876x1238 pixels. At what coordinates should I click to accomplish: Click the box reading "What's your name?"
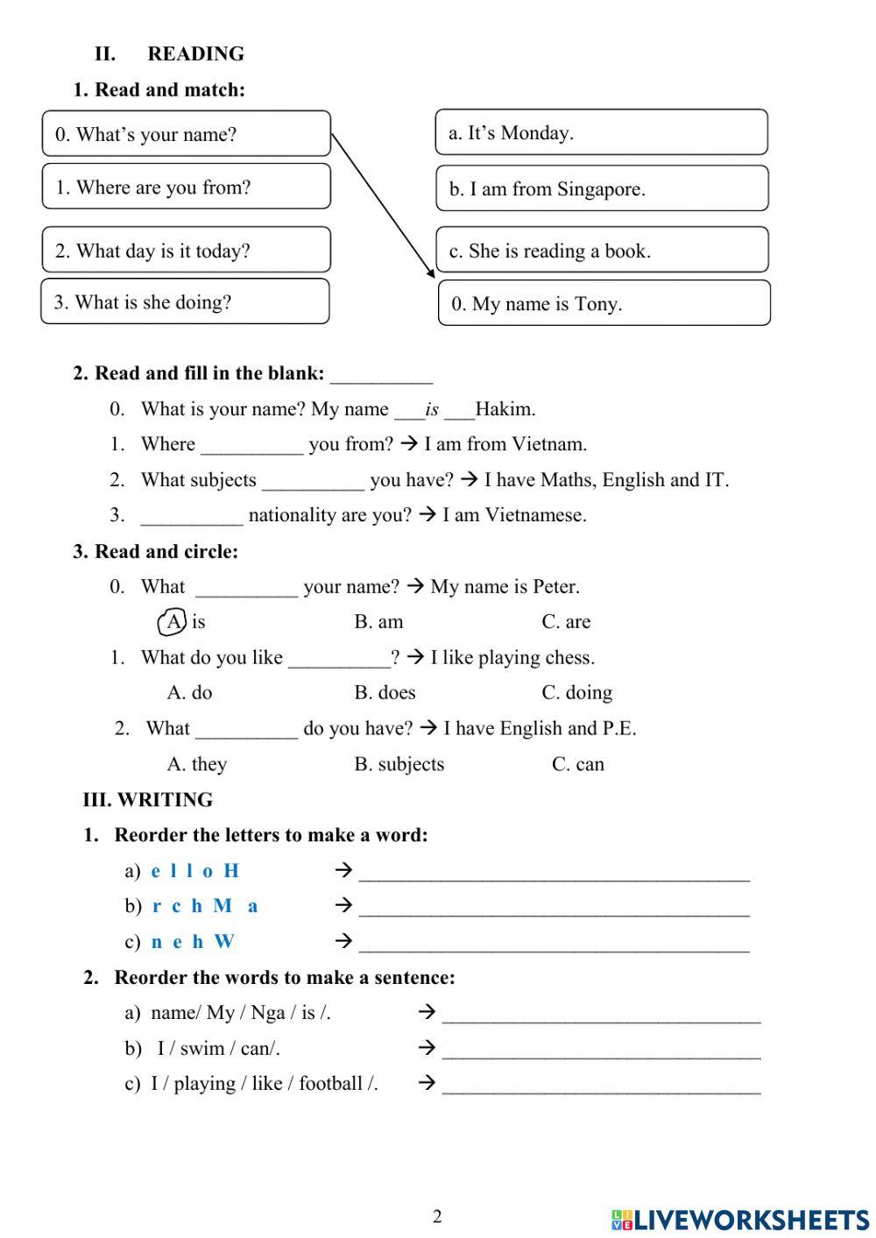point(186,134)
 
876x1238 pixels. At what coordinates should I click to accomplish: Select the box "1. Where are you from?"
point(186,187)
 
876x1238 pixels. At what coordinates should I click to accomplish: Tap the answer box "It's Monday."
point(601,132)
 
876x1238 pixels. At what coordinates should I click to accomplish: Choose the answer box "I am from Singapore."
point(602,188)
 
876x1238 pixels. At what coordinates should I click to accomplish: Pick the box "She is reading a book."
point(602,251)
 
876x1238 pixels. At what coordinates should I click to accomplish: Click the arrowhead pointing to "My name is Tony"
point(429,272)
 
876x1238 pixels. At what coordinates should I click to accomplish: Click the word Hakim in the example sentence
point(505,409)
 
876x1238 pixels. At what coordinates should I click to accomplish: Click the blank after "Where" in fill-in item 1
point(251,446)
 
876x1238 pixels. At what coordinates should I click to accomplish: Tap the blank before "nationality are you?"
point(191,516)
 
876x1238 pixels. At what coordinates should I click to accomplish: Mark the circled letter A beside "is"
point(173,622)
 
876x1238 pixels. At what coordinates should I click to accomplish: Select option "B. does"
point(385,693)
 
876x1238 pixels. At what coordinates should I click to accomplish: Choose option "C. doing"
point(576,693)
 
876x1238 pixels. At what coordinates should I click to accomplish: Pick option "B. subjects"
point(399,764)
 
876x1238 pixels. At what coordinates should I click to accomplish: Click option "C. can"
point(577,764)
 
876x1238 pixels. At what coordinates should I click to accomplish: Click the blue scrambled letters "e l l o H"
point(194,871)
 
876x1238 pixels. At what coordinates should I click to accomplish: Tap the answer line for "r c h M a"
point(554,908)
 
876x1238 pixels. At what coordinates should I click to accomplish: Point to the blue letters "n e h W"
point(193,942)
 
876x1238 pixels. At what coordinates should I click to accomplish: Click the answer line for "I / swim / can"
point(601,1050)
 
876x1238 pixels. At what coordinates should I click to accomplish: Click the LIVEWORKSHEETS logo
point(739,1219)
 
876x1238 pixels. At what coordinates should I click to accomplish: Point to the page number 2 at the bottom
point(437,1216)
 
